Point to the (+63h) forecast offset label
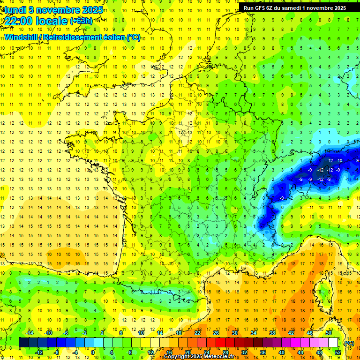(81, 21)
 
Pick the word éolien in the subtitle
(115, 37)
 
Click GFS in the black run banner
(262, 8)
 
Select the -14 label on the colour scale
(30, 333)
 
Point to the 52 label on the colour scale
(338, 352)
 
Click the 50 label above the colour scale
(329, 333)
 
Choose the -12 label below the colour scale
(39, 352)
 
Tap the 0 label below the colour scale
(93, 352)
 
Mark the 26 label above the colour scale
(216, 333)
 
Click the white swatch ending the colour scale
(333, 343)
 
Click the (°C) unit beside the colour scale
(349, 343)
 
